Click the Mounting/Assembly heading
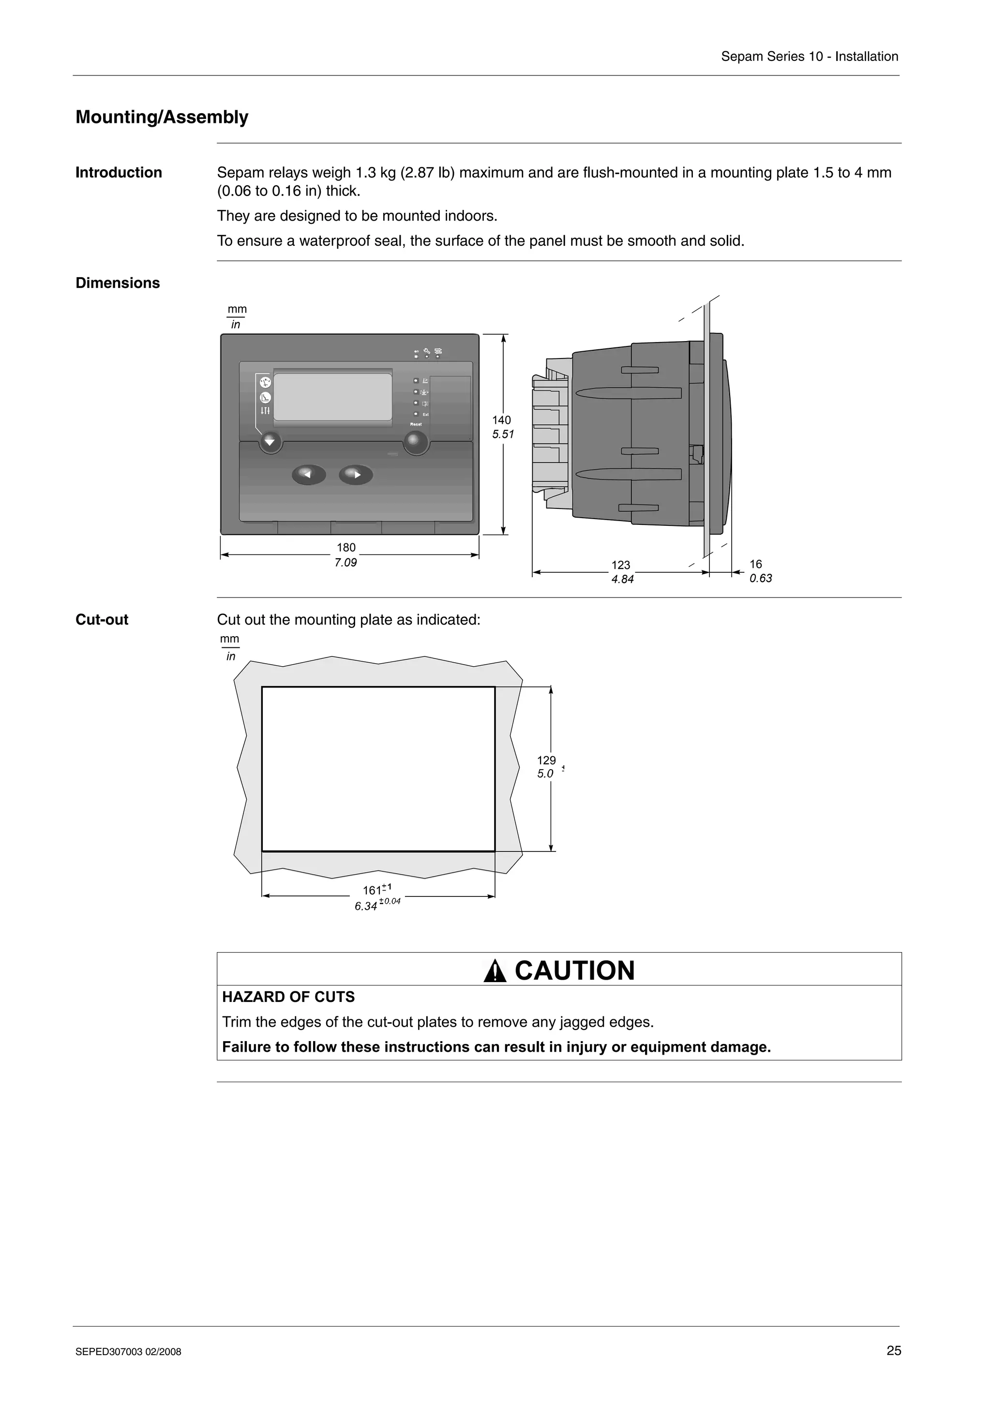pos(162,117)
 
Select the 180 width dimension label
pos(346,548)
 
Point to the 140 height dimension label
pos(501,420)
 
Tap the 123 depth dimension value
pos(621,566)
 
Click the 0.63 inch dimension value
pos(761,578)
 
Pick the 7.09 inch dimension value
pos(345,562)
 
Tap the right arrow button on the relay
pos(356,475)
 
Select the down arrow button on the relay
pos(270,442)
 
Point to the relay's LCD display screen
pos(333,397)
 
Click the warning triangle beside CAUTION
pos(495,971)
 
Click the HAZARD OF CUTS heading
pos(288,997)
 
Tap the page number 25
pos(893,1351)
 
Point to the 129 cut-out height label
pos(546,760)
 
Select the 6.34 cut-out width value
pos(366,906)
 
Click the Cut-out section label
pos(102,620)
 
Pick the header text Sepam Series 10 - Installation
pos(809,57)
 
